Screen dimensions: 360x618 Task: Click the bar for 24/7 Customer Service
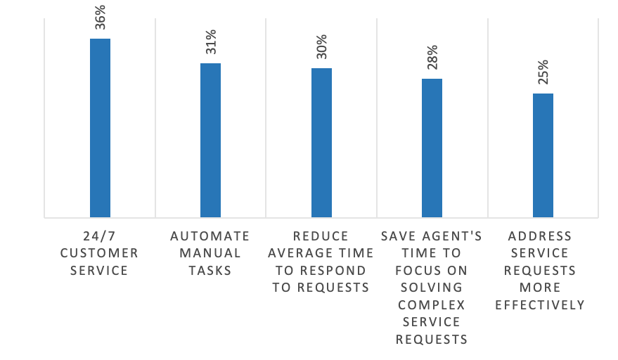pos(100,128)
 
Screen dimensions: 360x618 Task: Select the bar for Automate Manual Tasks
pos(210,140)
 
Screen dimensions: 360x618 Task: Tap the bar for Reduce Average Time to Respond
pos(321,143)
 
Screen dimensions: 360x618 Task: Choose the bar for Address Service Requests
pos(543,155)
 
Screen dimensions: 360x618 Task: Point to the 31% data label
pos(211,42)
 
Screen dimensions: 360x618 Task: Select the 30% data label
pos(321,47)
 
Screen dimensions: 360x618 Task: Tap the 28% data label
pos(432,58)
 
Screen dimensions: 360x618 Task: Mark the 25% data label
pos(543,72)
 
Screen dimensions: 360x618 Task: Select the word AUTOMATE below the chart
pos(210,236)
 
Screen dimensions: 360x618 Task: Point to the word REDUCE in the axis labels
pos(321,236)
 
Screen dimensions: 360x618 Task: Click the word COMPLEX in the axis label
pos(432,305)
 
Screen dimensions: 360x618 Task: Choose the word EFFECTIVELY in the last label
pos(540,305)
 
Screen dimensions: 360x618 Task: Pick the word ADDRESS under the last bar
pos(540,236)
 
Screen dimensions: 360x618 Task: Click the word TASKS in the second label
pos(210,271)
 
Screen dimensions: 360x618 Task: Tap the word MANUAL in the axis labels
pos(210,253)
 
